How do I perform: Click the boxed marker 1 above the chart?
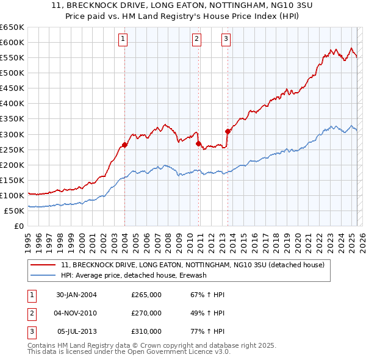123,39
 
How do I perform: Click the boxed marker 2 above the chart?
197,39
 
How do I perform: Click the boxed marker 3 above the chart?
226,39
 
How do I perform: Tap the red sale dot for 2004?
124,145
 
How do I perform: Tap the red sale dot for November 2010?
199,143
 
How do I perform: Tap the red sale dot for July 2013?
228,131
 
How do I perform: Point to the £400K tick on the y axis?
12,103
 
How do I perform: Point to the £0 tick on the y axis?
19,226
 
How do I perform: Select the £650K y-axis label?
12,27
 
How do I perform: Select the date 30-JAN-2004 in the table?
76,295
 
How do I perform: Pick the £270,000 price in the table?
146,313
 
